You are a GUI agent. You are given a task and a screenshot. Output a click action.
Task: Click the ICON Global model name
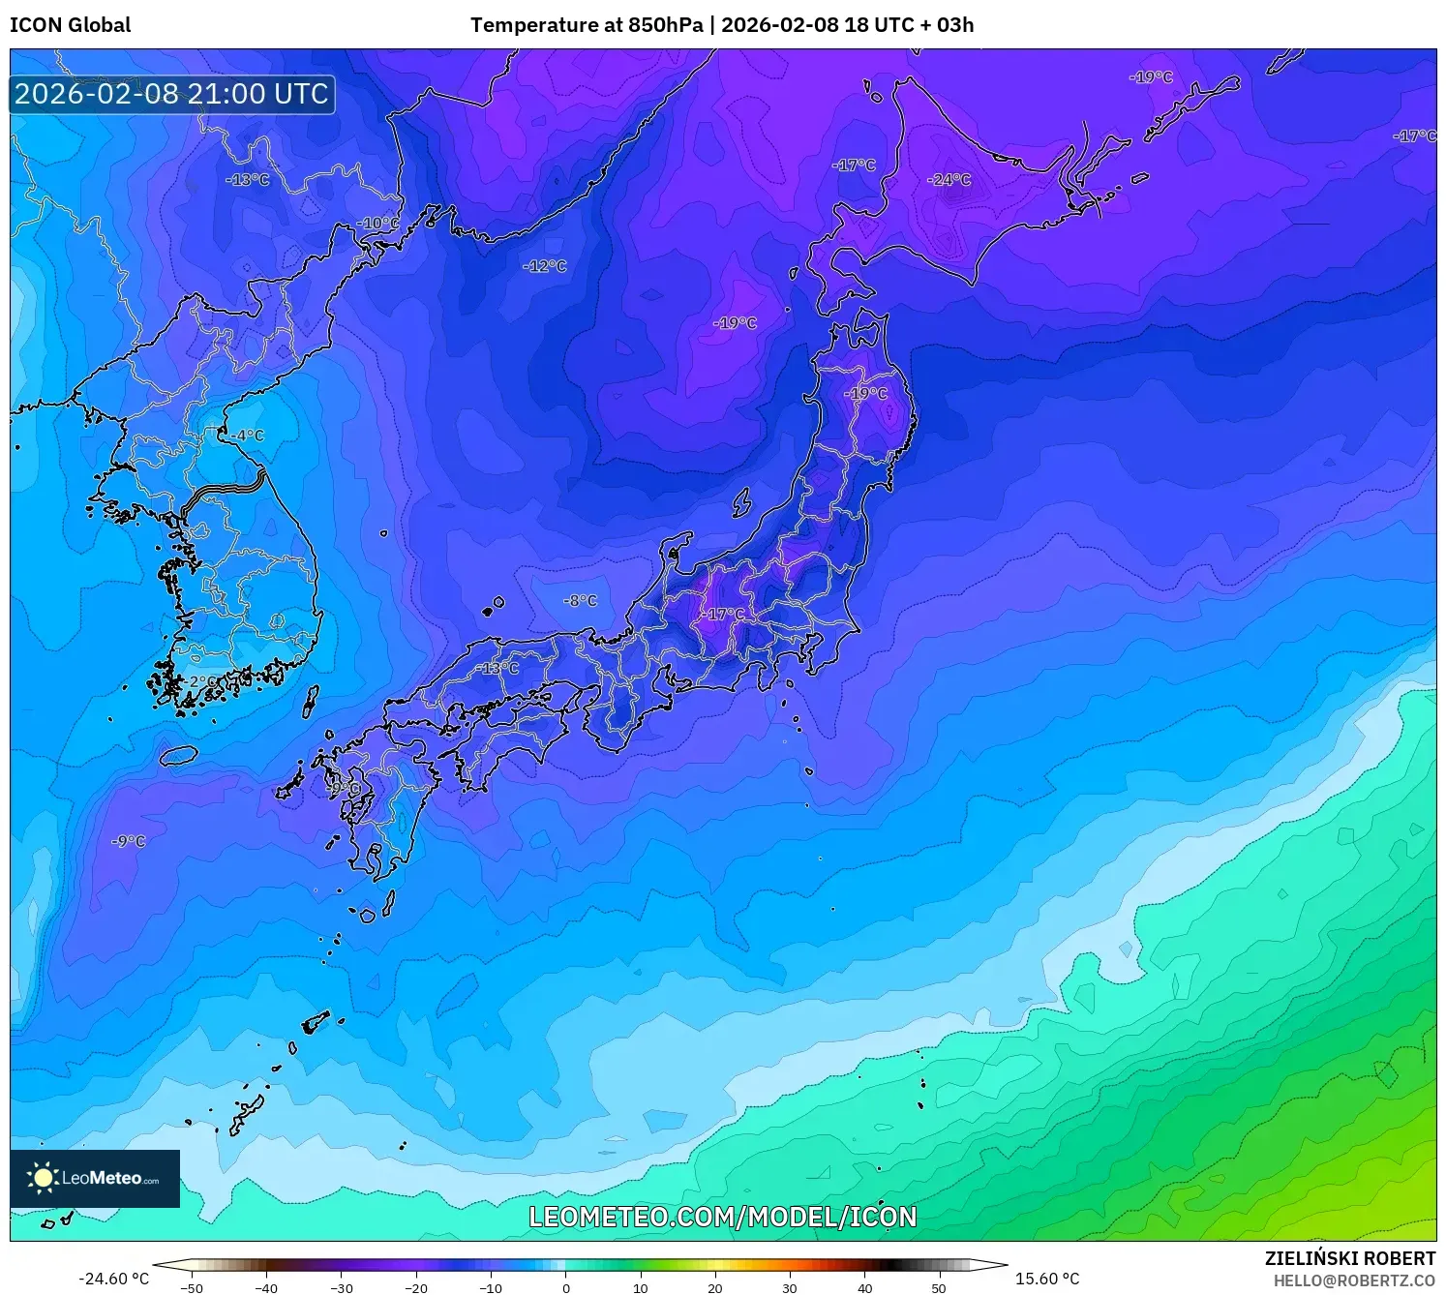[x=70, y=25]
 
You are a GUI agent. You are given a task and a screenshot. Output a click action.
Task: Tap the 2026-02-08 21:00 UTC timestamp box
[x=172, y=94]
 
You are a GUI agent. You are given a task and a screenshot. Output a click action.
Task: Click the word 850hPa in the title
[x=665, y=25]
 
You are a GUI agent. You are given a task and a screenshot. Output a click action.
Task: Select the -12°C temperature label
[x=545, y=266]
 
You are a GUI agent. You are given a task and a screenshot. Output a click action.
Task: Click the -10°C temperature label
[x=377, y=224]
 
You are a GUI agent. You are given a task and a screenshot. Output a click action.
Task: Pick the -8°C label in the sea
[x=580, y=601]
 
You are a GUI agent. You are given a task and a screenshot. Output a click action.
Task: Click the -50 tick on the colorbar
[x=192, y=1287]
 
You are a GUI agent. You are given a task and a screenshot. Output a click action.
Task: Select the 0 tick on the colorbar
[x=566, y=1287]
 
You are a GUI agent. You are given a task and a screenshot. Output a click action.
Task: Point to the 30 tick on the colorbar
[x=790, y=1287]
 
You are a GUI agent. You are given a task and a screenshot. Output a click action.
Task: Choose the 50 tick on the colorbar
[x=939, y=1287]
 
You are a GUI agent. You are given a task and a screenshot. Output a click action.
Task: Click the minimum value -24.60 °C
[x=113, y=1279]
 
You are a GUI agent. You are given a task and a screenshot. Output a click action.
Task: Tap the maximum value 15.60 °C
[x=1046, y=1279]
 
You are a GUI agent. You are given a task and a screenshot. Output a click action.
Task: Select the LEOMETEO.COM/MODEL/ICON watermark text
[x=722, y=1217]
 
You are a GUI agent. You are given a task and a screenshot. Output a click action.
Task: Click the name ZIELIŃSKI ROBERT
[x=1349, y=1258]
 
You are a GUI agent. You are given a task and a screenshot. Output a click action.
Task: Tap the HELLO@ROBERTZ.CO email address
[x=1354, y=1280]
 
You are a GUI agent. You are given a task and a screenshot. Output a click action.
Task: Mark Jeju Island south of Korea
[x=178, y=754]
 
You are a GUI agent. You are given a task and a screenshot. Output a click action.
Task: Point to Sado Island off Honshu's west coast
[x=741, y=503]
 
